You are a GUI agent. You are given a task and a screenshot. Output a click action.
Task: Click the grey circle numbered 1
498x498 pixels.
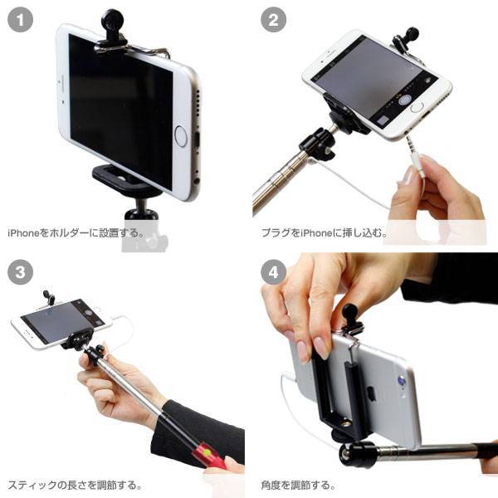(x=20, y=20)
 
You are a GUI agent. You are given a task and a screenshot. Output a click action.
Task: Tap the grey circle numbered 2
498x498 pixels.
(x=273, y=20)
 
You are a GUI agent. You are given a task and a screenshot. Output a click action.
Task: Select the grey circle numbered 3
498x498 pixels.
(x=20, y=272)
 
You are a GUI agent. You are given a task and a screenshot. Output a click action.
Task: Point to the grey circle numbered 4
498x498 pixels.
(x=273, y=272)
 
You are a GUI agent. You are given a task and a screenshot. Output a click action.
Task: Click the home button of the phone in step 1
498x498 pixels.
(x=180, y=136)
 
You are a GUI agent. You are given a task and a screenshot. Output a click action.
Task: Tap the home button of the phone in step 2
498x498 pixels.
(x=417, y=107)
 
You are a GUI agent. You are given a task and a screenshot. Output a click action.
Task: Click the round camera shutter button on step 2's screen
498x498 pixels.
(x=405, y=100)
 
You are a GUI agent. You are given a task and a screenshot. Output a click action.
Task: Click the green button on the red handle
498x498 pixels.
(x=207, y=452)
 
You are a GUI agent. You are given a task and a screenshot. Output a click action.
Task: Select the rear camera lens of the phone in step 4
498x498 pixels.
(x=402, y=380)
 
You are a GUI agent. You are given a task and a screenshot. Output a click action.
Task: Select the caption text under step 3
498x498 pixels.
(x=75, y=486)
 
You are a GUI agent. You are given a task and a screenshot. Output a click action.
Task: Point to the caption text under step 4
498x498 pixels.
(x=298, y=486)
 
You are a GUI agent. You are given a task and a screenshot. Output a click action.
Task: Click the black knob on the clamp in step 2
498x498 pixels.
(x=410, y=34)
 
